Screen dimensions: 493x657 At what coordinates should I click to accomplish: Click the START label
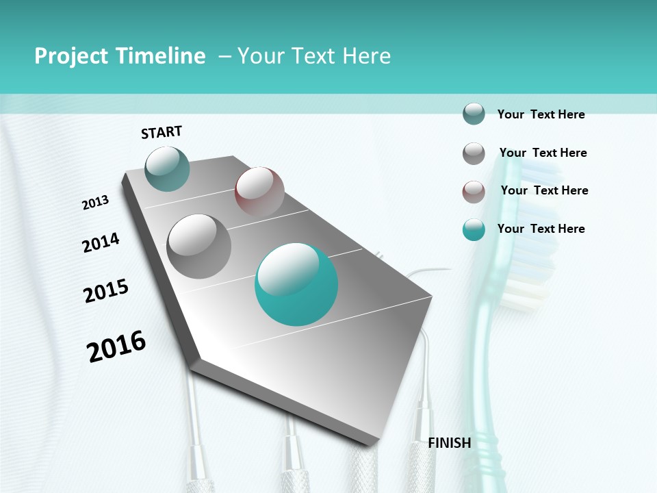point(162,132)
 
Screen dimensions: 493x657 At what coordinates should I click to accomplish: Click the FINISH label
point(450,443)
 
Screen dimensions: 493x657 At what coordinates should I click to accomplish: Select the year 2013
point(96,203)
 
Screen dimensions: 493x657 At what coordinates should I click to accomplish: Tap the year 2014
point(101,242)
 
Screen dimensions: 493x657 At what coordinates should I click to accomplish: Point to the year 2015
point(106,290)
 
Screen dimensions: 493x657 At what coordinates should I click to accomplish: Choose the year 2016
point(116,346)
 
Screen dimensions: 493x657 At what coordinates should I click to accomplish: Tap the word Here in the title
point(366,56)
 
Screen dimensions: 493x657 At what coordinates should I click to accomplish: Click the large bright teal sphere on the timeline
point(296,284)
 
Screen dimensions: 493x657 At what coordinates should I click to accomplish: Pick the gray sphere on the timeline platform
point(199,246)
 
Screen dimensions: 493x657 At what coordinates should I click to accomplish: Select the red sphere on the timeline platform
point(259,191)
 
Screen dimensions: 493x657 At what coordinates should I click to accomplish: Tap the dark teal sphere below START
point(168,168)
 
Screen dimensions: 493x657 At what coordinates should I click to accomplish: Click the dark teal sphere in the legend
point(474,114)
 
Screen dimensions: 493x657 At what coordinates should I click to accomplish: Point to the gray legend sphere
point(474,153)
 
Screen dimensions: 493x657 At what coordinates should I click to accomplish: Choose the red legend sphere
point(474,192)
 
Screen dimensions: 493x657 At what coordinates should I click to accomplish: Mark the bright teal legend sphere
point(474,230)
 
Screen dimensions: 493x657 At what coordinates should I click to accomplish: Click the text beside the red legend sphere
point(544,190)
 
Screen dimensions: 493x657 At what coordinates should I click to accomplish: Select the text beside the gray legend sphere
point(543,153)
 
